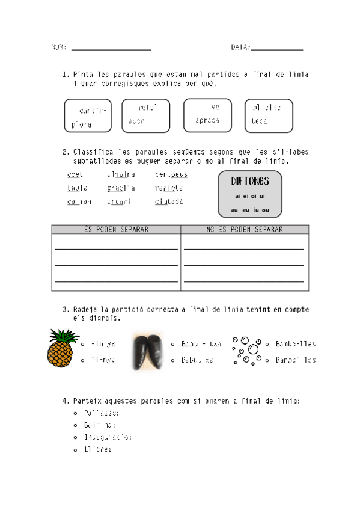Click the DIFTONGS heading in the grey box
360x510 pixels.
coord(250,181)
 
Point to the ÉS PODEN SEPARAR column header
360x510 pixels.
coord(116,229)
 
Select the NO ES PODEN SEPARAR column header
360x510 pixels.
coord(245,229)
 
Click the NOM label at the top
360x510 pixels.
coord(59,48)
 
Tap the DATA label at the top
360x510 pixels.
coord(240,48)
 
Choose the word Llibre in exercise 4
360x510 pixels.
coord(97,449)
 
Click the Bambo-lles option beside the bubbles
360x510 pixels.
coord(295,345)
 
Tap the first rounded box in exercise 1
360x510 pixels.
coord(88,116)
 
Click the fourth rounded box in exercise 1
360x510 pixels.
coord(269,115)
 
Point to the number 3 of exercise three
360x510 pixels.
coord(64,310)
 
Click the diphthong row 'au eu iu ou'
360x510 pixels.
coord(250,210)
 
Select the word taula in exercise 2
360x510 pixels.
coord(77,188)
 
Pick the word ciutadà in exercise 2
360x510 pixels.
coord(168,201)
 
